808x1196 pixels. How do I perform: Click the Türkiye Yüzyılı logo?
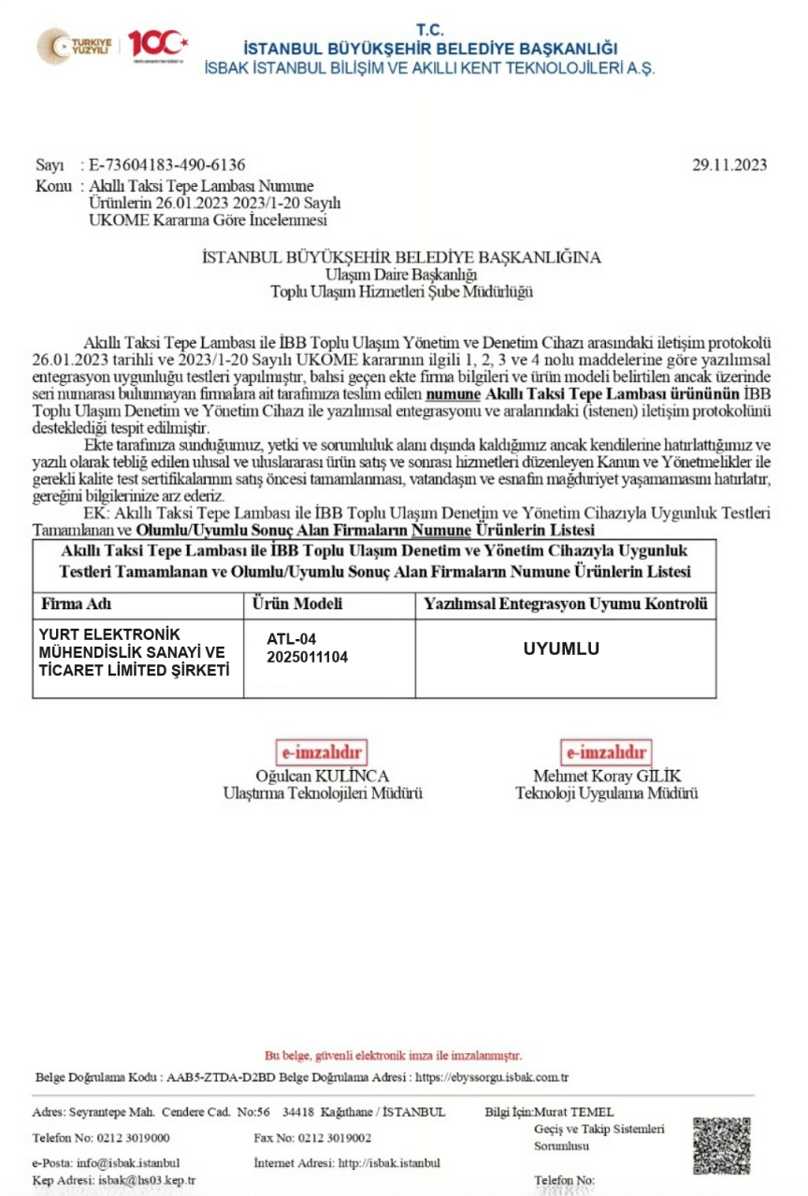coord(75,45)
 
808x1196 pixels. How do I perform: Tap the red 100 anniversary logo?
coord(158,44)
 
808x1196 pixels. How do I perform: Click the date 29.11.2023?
coord(729,165)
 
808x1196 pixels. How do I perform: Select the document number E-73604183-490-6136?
coord(166,165)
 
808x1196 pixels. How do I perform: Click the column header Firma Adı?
coord(77,604)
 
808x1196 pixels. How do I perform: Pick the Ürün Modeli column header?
coord(298,604)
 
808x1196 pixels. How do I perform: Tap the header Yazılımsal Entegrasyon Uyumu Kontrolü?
coord(566,604)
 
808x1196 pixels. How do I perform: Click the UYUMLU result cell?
coord(561,648)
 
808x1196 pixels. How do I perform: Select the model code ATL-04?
coord(292,639)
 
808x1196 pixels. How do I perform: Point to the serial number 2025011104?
coord(307,657)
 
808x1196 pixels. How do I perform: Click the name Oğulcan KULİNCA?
coord(322,776)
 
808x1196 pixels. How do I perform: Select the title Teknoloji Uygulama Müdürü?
coord(607,793)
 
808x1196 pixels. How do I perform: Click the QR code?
coord(722,1146)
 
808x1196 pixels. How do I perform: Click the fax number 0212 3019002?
coord(335,1138)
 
